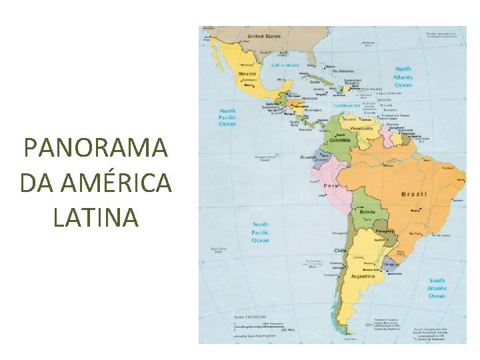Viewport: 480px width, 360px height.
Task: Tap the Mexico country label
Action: (x=248, y=73)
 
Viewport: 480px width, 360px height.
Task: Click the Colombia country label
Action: (x=339, y=141)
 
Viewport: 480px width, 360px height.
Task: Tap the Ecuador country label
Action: (x=308, y=158)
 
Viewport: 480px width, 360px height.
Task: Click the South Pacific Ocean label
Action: (x=260, y=232)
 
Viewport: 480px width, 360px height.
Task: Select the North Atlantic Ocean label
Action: (x=403, y=77)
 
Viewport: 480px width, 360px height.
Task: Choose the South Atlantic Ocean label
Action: (x=437, y=288)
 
